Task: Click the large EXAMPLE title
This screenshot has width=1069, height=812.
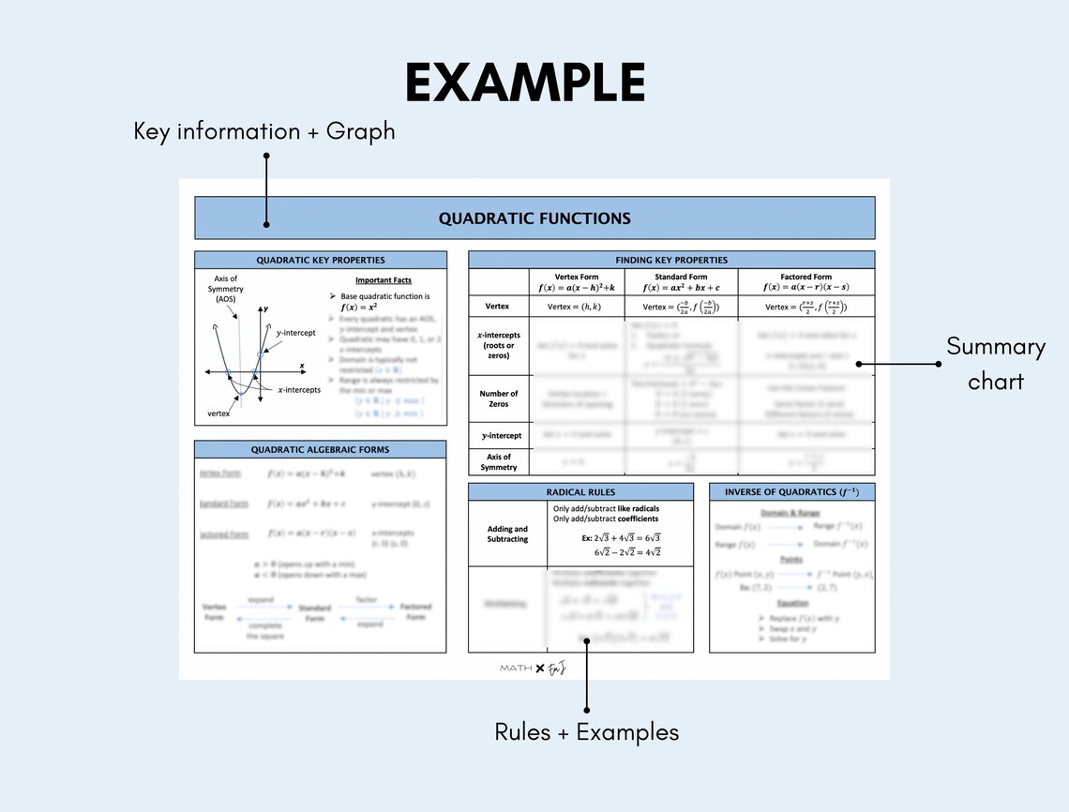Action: pos(525,83)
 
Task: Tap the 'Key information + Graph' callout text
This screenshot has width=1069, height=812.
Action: pos(264,131)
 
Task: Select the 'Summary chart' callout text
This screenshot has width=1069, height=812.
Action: pos(995,363)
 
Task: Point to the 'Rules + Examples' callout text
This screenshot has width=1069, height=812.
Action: pos(586,732)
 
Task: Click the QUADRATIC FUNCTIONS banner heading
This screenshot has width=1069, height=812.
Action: pos(534,218)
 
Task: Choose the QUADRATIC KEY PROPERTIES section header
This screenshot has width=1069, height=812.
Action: pos(321,260)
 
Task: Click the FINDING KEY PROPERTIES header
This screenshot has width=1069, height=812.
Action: pos(671,260)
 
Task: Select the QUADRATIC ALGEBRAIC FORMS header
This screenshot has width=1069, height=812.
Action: pos(321,449)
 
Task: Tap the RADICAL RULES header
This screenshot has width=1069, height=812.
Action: pos(580,492)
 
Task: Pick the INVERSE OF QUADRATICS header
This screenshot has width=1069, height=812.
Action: pos(791,492)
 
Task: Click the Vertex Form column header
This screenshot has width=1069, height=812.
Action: pos(577,282)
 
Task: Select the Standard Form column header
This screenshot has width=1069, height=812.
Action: pos(681,282)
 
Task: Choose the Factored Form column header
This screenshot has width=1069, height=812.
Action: pos(806,282)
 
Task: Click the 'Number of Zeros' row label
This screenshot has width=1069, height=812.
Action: pos(498,398)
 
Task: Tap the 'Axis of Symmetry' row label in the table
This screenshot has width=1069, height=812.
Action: pos(498,461)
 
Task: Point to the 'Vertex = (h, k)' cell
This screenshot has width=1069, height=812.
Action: pos(577,307)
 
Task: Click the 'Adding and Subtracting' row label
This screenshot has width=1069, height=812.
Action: pos(507,534)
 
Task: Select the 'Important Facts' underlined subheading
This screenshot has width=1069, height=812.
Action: pos(383,280)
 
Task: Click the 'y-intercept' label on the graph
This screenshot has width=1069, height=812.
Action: pos(295,333)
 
